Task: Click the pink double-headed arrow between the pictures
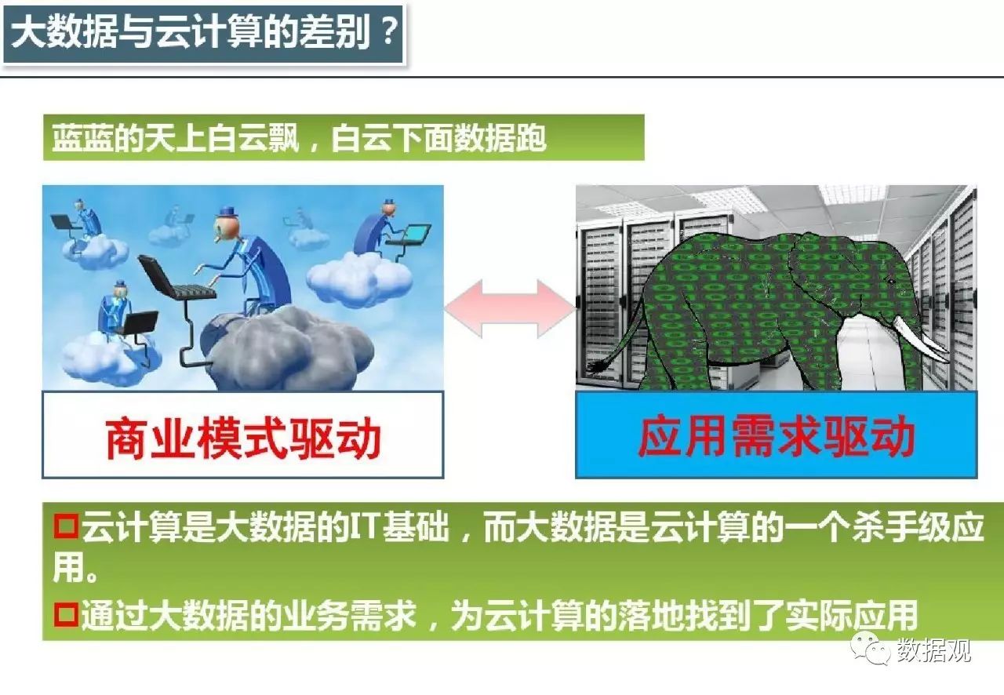click(x=510, y=308)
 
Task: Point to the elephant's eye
click(x=891, y=282)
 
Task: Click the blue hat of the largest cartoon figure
click(x=228, y=211)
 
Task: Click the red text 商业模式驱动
click(x=243, y=438)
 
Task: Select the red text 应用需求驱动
click(x=777, y=437)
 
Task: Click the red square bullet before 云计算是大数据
click(x=66, y=527)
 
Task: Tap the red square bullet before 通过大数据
click(x=66, y=615)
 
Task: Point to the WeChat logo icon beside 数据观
click(x=871, y=648)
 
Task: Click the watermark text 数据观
click(x=933, y=650)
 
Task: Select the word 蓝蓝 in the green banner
click(x=82, y=137)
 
